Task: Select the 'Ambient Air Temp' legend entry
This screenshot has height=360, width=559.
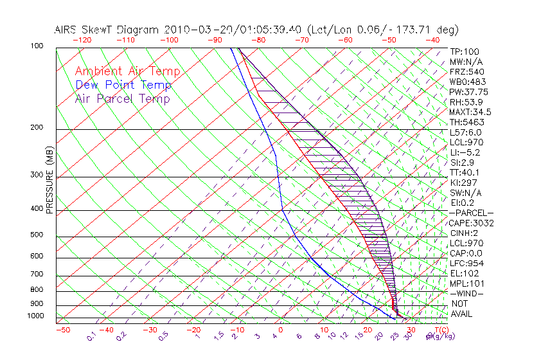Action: tap(127, 71)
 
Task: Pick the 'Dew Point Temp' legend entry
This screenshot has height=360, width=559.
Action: tap(123, 85)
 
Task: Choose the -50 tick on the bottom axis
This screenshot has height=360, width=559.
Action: tap(62, 330)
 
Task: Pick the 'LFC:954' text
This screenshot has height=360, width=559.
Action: tap(466, 264)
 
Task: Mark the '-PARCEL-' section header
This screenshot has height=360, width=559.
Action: tap(471, 213)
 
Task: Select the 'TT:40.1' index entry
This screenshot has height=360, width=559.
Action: tap(465, 172)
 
